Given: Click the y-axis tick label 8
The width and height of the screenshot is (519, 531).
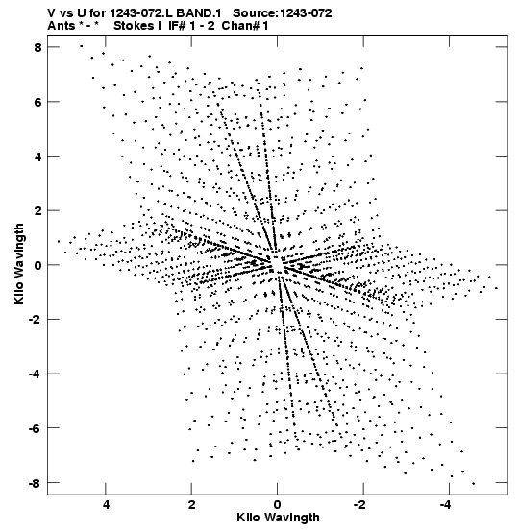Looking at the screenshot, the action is coord(37,47).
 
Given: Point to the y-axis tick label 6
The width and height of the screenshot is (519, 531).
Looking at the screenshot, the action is coord(37,102).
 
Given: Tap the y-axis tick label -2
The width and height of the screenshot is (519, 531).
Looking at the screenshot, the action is coord(35,320).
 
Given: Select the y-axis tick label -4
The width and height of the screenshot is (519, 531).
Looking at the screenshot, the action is coord(35,374).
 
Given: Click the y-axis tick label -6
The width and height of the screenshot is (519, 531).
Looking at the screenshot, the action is coord(35,428).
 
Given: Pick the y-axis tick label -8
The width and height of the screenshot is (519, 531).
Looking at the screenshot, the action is coord(35,483).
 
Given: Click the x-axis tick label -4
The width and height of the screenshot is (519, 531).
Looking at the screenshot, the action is coord(446,505).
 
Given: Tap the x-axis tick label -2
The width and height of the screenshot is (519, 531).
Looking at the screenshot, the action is coord(360,505).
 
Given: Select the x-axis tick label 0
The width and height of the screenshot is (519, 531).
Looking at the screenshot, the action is coord(278,505).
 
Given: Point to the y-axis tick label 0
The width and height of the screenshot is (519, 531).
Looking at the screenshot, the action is coord(37,265).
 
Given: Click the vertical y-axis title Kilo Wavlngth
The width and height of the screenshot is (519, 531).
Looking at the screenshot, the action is coord(19,264).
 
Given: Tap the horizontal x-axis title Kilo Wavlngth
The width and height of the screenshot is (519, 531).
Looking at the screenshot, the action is coord(278,518).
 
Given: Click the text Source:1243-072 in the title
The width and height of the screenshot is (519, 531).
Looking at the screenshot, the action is coord(283,13).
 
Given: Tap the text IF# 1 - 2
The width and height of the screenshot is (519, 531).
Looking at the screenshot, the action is coord(191,26).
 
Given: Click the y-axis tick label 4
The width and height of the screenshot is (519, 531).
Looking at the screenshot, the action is coord(37,157).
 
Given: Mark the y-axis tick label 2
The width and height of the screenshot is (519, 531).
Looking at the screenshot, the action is coord(37,210).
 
